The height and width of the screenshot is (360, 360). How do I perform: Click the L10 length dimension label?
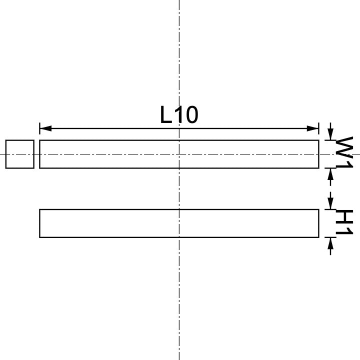179,115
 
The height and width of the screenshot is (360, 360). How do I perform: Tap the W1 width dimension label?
344,153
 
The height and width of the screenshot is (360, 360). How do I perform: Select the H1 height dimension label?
344,223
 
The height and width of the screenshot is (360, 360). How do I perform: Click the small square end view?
20,154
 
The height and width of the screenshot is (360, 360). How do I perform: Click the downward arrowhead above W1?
330,135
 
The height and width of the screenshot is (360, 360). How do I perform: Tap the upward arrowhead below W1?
330,173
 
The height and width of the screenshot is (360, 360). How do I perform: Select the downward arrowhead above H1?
330,204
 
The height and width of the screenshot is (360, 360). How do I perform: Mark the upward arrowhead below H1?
330,242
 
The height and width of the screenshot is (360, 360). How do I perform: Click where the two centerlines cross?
179,154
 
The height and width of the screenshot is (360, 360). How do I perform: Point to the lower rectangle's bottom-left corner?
40,237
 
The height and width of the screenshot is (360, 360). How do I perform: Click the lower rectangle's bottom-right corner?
318,237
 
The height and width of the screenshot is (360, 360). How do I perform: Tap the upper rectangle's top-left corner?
40,140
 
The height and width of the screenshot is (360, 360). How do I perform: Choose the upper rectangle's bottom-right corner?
318,168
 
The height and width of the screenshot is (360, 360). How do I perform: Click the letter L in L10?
166,115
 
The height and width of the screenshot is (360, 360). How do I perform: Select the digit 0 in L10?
190,115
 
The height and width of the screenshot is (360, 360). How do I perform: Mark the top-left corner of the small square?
6,140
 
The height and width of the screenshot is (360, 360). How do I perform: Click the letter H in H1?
344,217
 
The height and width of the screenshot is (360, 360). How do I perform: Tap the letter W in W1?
344,147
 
